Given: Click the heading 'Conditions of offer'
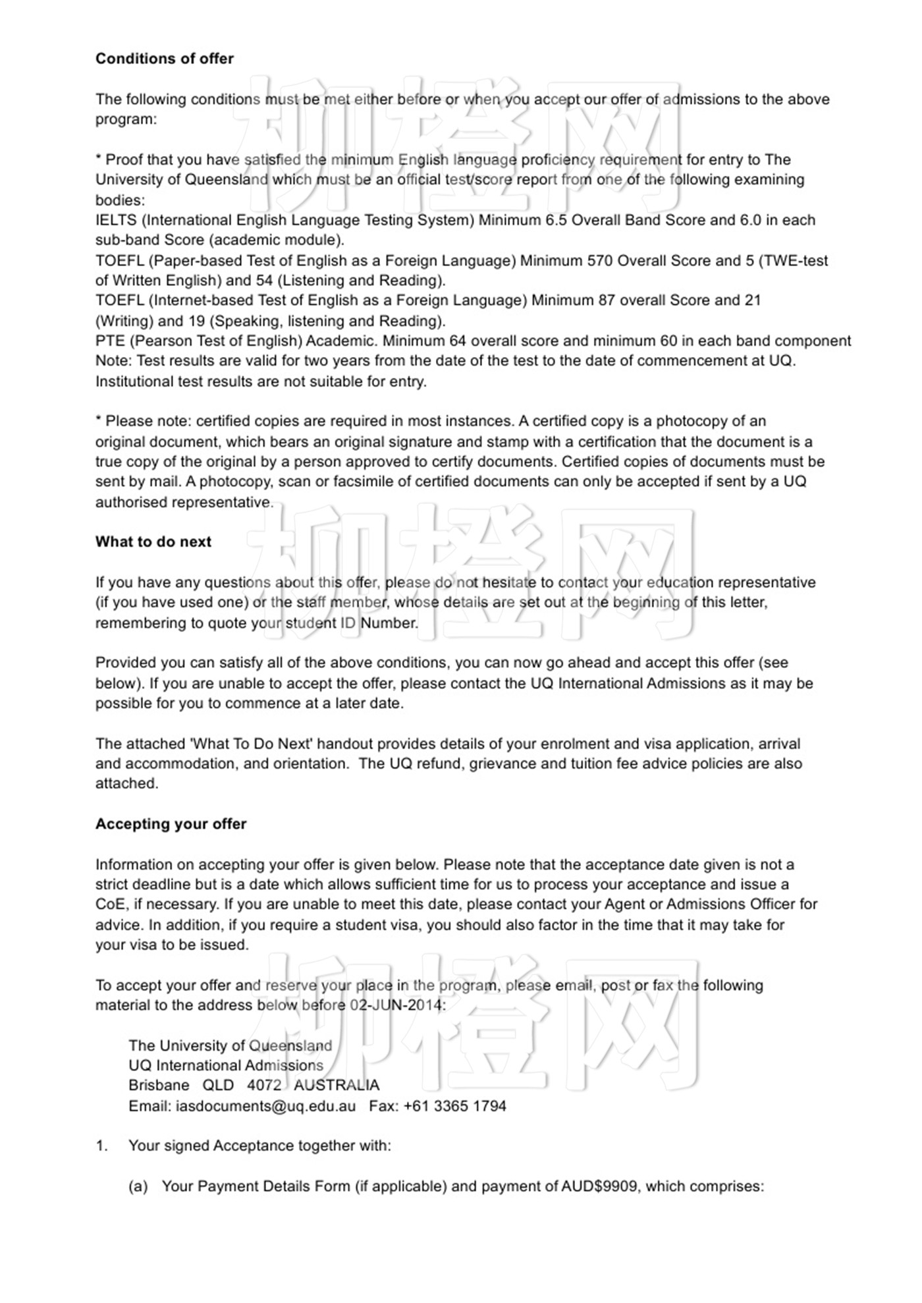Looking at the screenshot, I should [164, 59].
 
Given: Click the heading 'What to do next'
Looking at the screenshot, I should [153, 541].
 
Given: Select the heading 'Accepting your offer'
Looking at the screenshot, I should [171, 823].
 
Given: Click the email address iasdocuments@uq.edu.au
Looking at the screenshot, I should [265, 1106].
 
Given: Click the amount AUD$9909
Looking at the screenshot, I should [599, 1186].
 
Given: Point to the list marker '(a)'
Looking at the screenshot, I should [138, 1186].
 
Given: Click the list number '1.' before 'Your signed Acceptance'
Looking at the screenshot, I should [101, 1146].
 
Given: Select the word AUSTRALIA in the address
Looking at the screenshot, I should [336, 1086].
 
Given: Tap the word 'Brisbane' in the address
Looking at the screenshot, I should [159, 1086].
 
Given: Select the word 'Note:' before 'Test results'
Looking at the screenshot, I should [113, 361].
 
